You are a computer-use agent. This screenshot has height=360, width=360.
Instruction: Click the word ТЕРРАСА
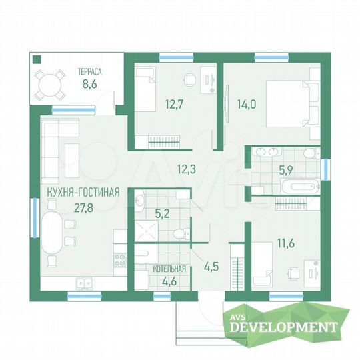click(x=89, y=71)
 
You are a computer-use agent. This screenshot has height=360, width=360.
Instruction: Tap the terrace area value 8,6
click(x=89, y=84)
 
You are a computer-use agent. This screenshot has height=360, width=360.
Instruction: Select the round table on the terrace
click(x=50, y=85)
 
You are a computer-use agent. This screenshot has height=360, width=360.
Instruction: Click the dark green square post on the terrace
click(x=37, y=59)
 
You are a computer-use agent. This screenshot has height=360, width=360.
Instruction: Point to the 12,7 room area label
click(x=174, y=105)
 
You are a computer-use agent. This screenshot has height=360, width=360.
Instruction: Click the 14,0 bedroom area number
click(x=247, y=105)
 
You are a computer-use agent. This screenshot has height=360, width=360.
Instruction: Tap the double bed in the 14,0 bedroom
click(x=293, y=103)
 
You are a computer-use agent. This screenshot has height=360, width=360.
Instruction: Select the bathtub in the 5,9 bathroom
click(x=300, y=186)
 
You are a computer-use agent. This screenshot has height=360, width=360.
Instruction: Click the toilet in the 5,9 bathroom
click(x=312, y=153)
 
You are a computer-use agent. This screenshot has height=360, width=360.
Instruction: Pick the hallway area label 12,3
click(x=187, y=169)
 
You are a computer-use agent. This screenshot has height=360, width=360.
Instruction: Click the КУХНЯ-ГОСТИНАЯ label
click(x=83, y=192)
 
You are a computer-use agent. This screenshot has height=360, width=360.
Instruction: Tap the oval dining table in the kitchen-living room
click(x=51, y=233)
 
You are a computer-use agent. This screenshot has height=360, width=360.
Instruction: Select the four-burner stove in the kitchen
click(x=120, y=260)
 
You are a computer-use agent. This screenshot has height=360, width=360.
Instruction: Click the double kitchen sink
click(x=85, y=283)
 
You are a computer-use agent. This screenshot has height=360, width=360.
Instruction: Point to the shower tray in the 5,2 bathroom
click(x=146, y=231)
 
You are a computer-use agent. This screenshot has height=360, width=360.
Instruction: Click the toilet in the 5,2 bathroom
click(x=181, y=234)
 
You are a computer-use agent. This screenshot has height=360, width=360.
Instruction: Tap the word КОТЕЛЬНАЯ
click(x=169, y=269)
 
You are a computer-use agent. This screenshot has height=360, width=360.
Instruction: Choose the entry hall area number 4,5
click(x=211, y=267)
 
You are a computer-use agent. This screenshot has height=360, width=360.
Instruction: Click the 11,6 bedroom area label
click(x=286, y=243)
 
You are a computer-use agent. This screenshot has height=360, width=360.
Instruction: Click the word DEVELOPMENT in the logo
click(x=283, y=327)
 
